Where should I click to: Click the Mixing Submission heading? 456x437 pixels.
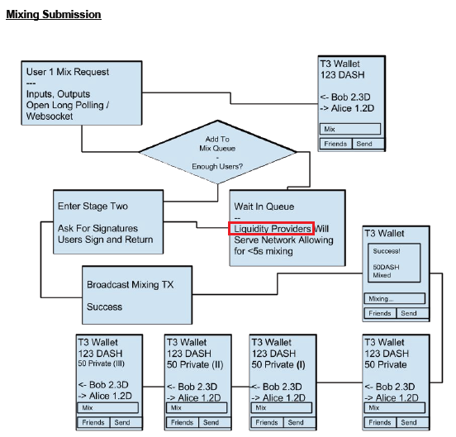pos(54,15)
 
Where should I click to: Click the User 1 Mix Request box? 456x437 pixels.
pos(82,93)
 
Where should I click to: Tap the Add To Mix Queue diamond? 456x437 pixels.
pos(217,152)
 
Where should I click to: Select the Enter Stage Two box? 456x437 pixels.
pos(108,222)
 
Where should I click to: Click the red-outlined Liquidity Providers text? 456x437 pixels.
pos(271,229)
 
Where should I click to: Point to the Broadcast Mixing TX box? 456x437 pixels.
pos(137,295)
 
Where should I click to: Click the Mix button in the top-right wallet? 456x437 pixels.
pos(350,129)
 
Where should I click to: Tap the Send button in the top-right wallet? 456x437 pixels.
pos(368,144)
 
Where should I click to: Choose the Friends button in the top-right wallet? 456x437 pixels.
pos(336,144)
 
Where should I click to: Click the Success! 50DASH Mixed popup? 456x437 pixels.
pos(394,263)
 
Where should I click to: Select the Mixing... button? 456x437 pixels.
pos(395,298)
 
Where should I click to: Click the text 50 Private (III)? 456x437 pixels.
pos(102,363)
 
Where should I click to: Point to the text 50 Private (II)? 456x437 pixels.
pos(195,364)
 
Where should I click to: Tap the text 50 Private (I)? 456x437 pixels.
pos(278,364)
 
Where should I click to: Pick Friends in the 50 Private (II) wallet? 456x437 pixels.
pos(182,422)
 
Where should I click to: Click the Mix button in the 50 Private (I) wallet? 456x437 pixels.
pos(282,407)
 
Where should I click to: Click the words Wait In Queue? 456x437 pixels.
pos(264,207)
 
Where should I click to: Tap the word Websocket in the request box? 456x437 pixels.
pos(50,116)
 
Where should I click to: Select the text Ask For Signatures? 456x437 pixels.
pos(97,228)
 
